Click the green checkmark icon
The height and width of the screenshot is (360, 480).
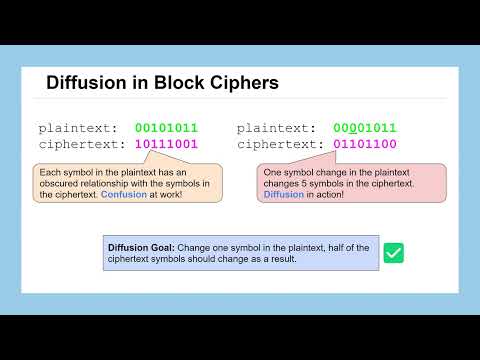click(x=394, y=253)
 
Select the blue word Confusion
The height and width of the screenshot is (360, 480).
click(x=123, y=195)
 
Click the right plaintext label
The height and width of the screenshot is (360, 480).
click(x=277, y=128)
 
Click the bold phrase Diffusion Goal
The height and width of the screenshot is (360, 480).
click(x=141, y=247)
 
